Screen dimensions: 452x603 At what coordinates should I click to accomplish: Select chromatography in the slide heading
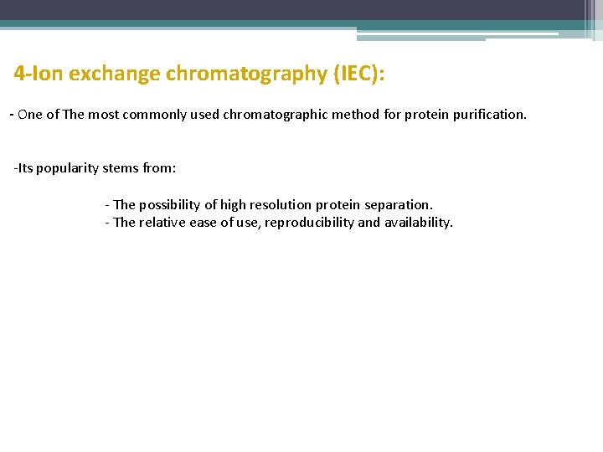[246, 74]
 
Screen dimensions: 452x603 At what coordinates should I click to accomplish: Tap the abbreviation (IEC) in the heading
[358, 74]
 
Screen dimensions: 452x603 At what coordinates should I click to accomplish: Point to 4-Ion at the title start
[39, 74]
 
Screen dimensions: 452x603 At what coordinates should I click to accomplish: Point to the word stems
[122, 168]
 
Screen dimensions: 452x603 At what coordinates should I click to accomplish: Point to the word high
[234, 205]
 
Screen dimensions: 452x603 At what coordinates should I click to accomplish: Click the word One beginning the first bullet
[30, 115]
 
